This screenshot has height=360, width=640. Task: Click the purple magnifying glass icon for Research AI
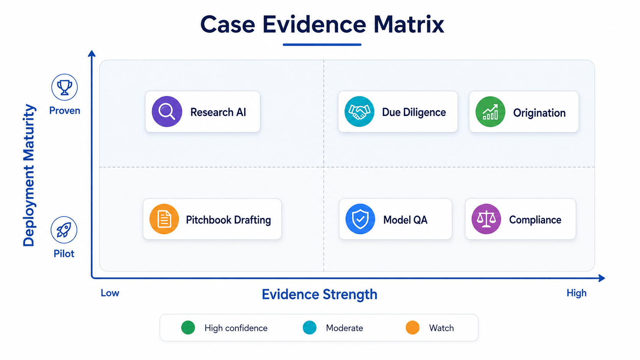(x=167, y=112)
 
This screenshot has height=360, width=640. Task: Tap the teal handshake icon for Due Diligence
(x=359, y=112)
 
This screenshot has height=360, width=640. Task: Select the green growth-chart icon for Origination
(x=490, y=112)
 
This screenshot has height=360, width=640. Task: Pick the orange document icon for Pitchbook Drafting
(x=164, y=219)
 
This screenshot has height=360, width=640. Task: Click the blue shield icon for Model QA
(x=360, y=219)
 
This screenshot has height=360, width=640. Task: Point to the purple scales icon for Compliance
(x=486, y=219)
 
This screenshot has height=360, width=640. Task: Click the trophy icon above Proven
(x=64, y=87)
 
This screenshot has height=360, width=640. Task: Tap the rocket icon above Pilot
(x=64, y=230)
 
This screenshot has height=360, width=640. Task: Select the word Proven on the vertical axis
(x=65, y=111)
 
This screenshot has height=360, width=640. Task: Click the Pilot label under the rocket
(x=64, y=254)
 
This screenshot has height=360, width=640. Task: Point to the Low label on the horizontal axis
(x=110, y=293)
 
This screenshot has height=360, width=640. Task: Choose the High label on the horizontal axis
(x=576, y=293)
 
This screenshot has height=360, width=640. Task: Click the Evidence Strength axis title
(x=320, y=294)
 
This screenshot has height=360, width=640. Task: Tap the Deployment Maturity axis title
(x=29, y=175)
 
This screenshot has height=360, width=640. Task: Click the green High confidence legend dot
(x=188, y=327)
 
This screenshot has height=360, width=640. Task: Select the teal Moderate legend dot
(x=309, y=327)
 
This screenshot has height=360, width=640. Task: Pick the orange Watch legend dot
(x=413, y=327)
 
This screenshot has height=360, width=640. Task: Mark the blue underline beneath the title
(x=322, y=44)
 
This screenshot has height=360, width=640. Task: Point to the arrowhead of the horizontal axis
(x=602, y=278)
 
